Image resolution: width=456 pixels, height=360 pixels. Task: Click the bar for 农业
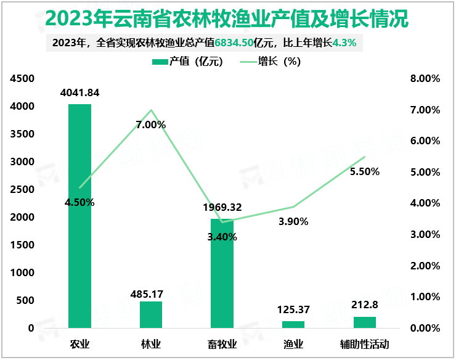coord(79,216)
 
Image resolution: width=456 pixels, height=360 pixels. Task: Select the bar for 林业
coord(151,314)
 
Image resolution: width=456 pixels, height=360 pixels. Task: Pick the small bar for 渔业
coord(293,324)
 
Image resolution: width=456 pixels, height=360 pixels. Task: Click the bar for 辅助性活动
coord(365,322)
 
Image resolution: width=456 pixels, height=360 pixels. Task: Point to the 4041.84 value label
coord(79,92)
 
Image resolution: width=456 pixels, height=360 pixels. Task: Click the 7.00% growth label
coord(151,125)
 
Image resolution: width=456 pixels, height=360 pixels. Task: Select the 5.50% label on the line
coord(364,171)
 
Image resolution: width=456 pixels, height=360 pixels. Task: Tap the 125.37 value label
coord(293,309)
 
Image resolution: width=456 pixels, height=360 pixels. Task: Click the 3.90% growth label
coord(293,221)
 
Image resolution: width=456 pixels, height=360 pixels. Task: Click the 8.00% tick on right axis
coord(425,79)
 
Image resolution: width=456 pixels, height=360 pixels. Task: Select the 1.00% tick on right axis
coord(425,297)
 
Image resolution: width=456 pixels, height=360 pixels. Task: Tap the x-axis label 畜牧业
coord(222,344)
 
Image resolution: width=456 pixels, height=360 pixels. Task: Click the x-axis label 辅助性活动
coord(365,344)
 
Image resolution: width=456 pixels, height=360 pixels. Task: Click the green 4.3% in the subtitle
coord(344,43)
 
